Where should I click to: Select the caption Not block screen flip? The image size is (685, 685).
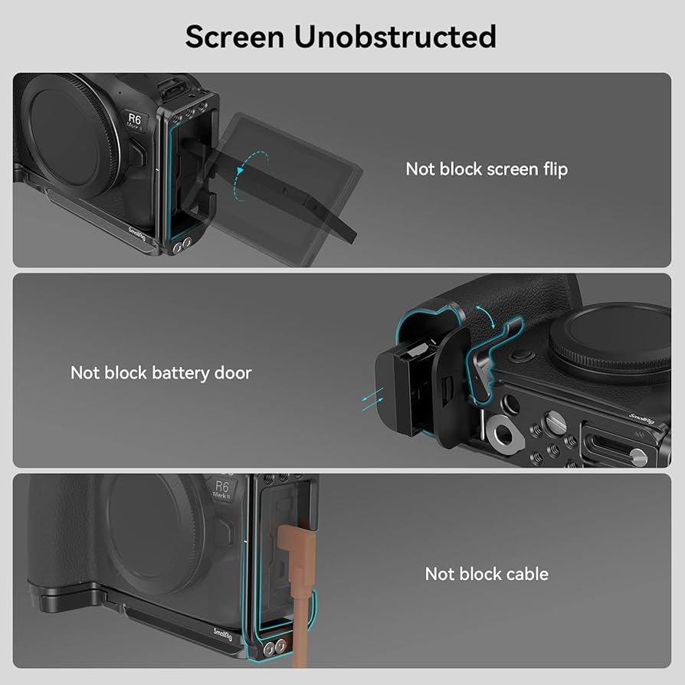487,169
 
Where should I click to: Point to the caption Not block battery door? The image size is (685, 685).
161,373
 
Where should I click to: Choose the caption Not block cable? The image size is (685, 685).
487,574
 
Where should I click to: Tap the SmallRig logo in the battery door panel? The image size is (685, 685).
641,418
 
